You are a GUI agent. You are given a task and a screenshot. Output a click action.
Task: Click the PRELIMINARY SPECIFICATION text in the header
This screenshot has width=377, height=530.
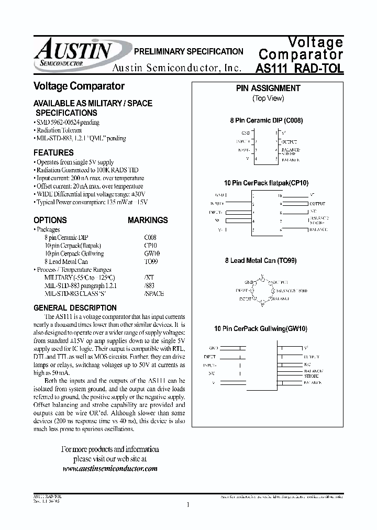pyautogui.click(x=188, y=52)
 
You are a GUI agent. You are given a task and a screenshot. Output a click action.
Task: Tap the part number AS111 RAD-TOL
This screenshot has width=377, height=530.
pyautogui.click(x=299, y=68)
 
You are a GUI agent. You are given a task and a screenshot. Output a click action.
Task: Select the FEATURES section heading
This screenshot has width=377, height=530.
pyautogui.click(x=53, y=153)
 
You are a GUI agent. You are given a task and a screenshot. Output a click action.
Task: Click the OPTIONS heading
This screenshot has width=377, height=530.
pyautogui.click(x=50, y=220)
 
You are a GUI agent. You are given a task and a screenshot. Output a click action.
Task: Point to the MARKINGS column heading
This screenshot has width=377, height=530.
pyautogui.click(x=148, y=220)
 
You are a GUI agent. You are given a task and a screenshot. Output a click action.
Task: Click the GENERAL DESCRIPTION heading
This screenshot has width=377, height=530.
pyautogui.click(x=75, y=308)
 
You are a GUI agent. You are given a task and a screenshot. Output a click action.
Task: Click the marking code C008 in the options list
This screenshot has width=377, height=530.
pyautogui.click(x=150, y=238)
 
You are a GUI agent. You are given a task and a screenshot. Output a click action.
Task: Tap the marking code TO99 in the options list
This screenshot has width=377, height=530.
pyautogui.click(x=151, y=262)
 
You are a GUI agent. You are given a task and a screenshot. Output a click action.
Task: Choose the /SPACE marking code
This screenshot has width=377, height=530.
pyautogui.click(x=154, y=294)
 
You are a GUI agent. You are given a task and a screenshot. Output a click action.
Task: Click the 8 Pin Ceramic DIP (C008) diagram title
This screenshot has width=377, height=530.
pyautogui.click(x=267, y=120)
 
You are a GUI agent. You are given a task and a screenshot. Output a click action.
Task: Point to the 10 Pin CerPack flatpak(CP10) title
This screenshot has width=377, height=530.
pyautogui.click(x=267, y=183)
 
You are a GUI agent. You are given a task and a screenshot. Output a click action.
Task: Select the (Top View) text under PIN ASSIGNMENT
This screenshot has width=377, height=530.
pyautogui.click(x=268, y=98)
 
